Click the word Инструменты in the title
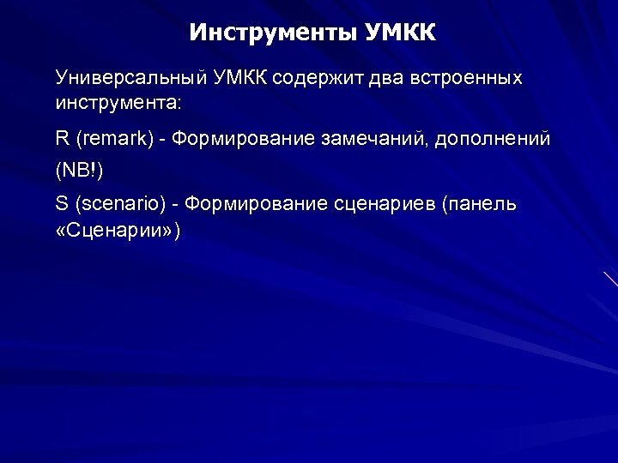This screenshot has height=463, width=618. tap(272, 33)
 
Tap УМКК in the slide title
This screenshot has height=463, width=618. tap(401, 33)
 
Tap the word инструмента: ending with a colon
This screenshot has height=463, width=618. tap(118, 103)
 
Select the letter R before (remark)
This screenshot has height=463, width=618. tap(62, 139)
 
